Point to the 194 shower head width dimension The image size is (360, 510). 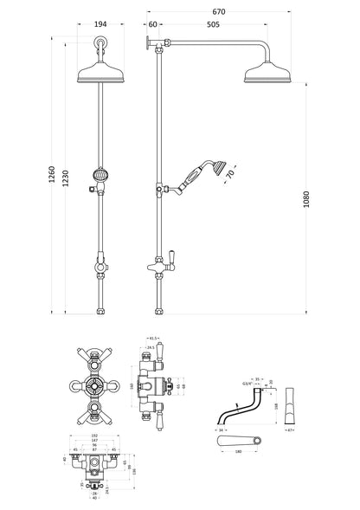(101, 24)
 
